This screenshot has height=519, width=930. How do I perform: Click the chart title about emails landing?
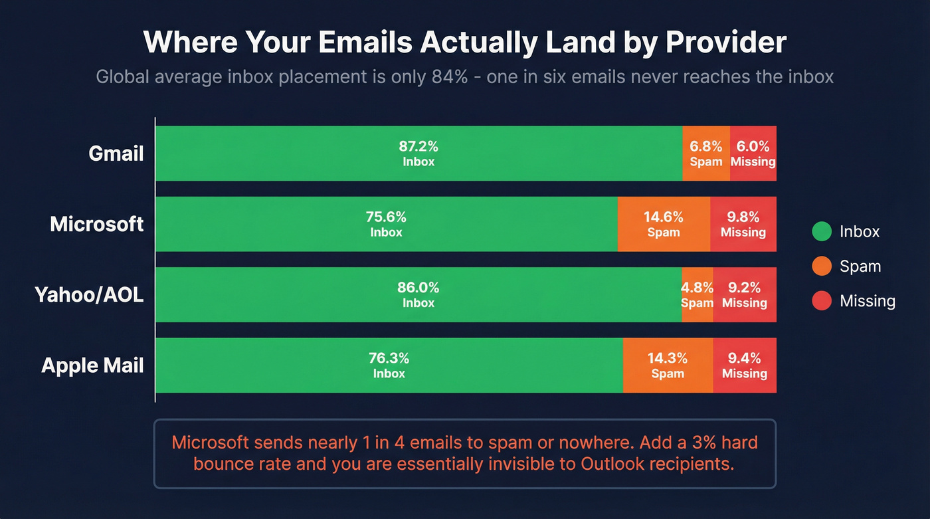coord(464,43)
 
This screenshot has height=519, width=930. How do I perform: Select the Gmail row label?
coord(116,154)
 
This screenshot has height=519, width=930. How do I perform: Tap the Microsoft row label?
coord(97,224)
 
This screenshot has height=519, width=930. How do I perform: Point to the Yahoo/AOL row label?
coord(89,294)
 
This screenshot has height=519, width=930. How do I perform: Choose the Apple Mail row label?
coord(92,365)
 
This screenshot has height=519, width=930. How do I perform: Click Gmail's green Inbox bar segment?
coord(418,154)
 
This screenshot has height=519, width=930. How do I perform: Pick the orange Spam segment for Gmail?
coord(706,154)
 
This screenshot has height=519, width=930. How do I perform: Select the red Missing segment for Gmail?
coord(753,154)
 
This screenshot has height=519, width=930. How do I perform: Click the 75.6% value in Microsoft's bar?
coord(386,217)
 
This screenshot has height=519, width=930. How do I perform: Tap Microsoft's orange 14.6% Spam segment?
coord(664,224)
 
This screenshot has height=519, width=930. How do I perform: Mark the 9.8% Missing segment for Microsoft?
coord(743,224)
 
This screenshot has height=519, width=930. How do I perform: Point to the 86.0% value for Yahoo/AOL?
coord(418,288)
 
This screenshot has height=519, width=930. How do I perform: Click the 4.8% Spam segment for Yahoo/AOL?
coord(697,294)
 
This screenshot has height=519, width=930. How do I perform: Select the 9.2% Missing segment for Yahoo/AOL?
coord(745,294)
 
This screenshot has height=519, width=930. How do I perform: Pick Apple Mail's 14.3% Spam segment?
coord(668,365)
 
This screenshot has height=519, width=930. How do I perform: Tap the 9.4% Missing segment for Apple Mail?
coord(745,365)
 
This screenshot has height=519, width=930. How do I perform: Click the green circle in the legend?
coord(822,231)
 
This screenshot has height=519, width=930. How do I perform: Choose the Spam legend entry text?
coord(860,266)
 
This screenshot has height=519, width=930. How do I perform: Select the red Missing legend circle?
coord(822,301)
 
